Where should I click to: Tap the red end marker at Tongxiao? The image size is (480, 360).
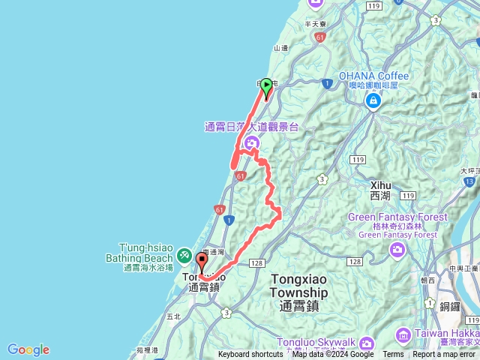[202, 262]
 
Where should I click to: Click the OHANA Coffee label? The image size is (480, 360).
[373, 76]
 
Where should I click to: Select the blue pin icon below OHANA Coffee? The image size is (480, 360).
[373, 100]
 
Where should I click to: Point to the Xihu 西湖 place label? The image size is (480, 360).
[380, 190]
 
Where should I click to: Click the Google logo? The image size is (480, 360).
[28, 349]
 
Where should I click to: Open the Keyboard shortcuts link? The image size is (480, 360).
[250, 355]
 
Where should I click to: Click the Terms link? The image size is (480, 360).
[393, 355]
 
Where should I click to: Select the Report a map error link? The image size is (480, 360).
[445, 355]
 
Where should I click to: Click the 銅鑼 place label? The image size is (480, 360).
[451, 305]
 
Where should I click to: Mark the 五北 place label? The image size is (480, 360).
[174, 316]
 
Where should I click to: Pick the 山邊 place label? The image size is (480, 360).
[281, 47]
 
